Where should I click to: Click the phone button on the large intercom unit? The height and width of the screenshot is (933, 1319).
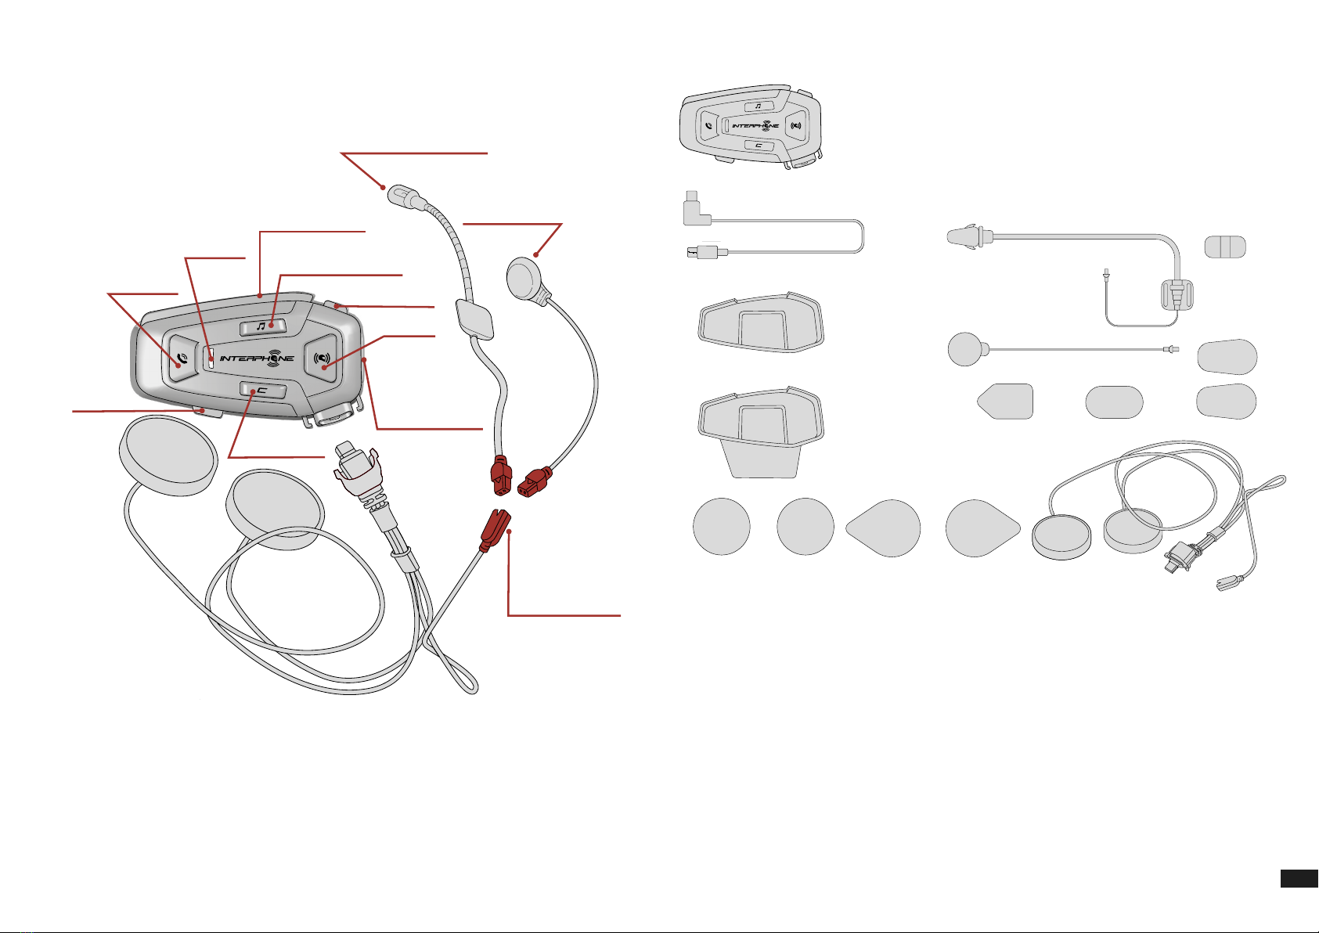coord(179,358)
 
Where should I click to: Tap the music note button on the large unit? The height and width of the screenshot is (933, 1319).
coord(262,326)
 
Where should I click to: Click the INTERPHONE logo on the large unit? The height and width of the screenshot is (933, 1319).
coord(257,358)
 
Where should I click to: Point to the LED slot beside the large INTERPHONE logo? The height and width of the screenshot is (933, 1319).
coord(211,355)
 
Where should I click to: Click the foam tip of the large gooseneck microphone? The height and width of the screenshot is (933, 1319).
coord(402,195)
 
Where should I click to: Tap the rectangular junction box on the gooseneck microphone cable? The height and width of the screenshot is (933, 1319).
coord(474,319)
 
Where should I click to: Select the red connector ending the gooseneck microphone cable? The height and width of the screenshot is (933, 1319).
coord(501,476)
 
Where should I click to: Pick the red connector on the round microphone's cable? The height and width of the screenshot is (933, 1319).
coord(534,481)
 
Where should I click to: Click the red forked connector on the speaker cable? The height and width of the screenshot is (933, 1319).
coord(494,529)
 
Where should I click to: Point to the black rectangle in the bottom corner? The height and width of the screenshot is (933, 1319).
coord(1299,878)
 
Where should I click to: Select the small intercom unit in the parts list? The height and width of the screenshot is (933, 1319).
coord(751,127)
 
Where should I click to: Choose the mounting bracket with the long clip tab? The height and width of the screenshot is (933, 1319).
coord(761,432)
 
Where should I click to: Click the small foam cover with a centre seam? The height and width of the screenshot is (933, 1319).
coord(1225,247)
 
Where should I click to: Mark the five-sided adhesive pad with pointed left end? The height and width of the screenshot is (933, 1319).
coord(1006,402)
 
